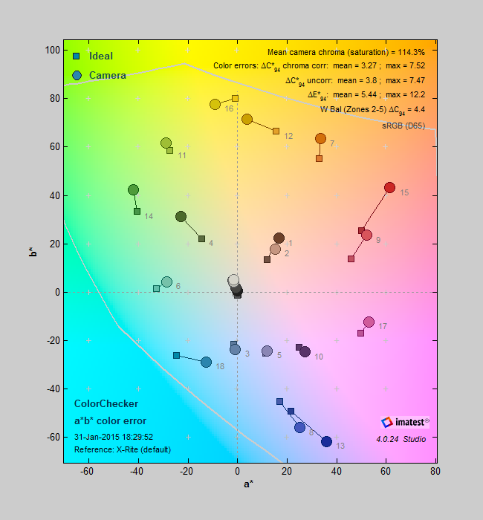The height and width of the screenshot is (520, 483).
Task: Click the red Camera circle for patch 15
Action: coord(389,188)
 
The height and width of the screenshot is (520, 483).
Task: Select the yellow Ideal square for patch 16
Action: coord(235,98)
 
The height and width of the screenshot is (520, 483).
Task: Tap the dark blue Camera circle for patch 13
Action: coord(326,441)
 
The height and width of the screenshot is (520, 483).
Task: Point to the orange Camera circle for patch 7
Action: coord(320,139)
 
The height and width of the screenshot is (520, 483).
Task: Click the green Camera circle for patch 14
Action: coord(134,190)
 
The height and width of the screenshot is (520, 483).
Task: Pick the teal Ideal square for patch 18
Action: coord(176,355)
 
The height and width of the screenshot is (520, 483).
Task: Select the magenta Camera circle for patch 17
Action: coord(369,322)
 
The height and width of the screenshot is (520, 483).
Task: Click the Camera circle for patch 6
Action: coord(166,282)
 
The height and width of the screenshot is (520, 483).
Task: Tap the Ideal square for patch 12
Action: coord(276,131)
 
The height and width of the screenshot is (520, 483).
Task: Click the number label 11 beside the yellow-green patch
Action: coord(181,155)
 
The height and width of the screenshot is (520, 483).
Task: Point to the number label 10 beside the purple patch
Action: coord(318,357)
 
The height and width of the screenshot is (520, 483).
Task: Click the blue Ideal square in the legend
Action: coord(77,56)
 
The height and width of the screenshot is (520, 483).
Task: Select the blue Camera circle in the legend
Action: coord(77,75)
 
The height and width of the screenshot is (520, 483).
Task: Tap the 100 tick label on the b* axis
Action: coord(52,50)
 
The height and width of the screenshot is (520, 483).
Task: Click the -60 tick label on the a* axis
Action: coord(88,471)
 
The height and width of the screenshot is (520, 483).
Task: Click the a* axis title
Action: coord(249,484)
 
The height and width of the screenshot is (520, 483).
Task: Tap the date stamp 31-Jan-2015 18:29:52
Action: coord(114,437)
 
